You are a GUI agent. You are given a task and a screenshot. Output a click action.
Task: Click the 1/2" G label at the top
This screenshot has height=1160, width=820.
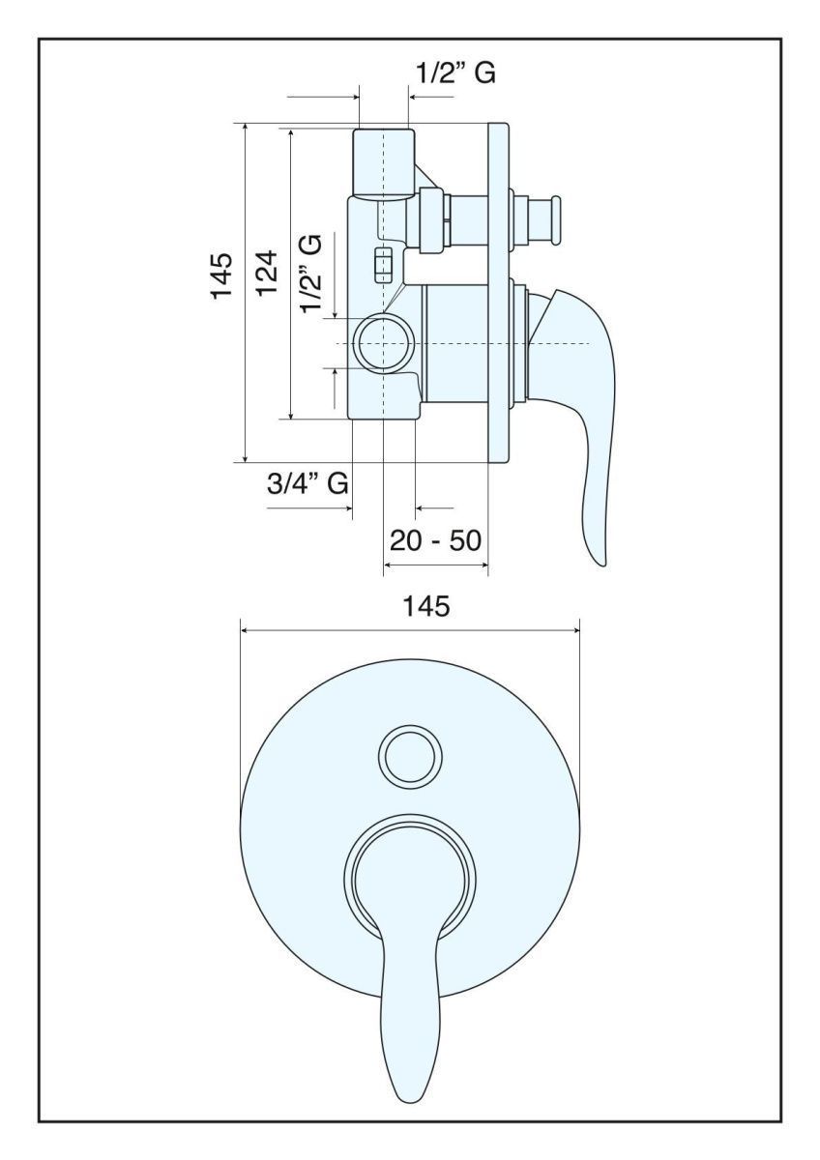click(x=455, y=72)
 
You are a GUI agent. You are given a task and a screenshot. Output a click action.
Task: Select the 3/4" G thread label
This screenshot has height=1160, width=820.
click(x=307, y=484)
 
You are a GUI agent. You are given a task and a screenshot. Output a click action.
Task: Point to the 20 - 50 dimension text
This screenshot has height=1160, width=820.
click(x=436, y=540)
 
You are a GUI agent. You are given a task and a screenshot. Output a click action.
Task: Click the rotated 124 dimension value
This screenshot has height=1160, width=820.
click(x=268, y=273)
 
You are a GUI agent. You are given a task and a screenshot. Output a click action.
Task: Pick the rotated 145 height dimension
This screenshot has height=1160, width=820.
click(x=221, y=275)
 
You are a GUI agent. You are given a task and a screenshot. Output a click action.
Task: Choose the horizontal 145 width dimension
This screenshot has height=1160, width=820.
click(x=426, y=605)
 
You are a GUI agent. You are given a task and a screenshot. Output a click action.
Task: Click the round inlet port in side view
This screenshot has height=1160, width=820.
click(x=383, y=344)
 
